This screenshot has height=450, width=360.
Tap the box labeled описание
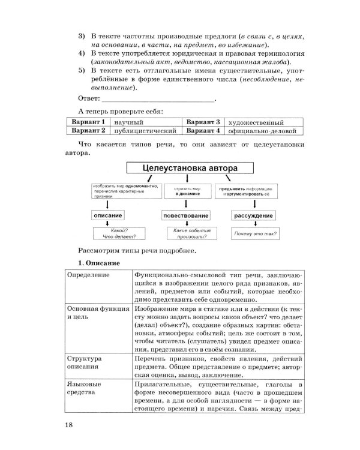click(x=108, y=214)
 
